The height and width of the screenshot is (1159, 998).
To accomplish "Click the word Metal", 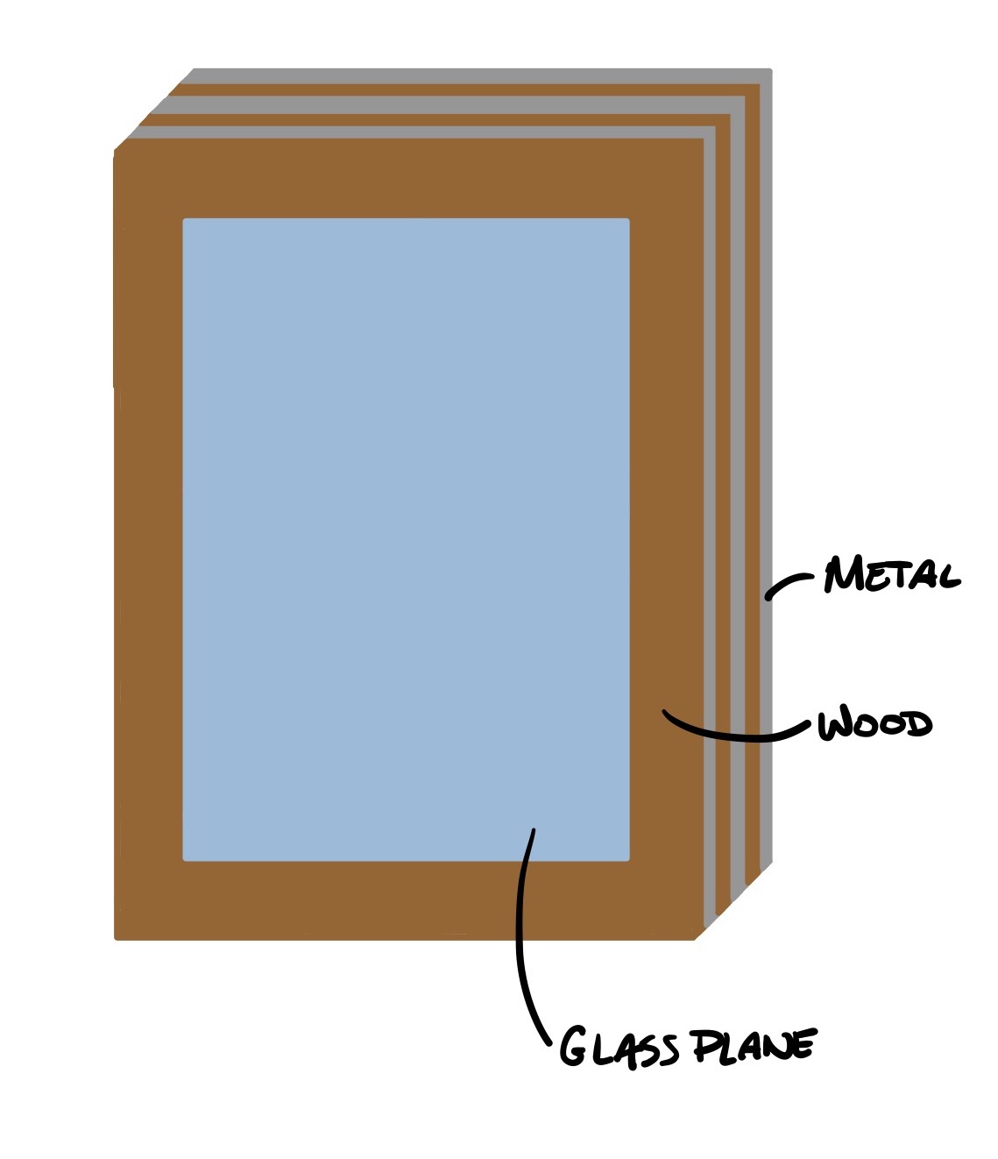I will coord(891,576).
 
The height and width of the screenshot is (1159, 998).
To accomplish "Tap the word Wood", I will coord(874,725).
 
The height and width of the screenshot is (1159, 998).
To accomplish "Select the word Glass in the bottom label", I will coord(619,1048).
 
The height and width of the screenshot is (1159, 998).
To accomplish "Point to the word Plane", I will coord(754,1046).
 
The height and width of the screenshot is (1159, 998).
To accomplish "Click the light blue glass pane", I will coord(406,539).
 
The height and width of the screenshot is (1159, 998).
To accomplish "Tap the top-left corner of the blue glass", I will coord(184,220).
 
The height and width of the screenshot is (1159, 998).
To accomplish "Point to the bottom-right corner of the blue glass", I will coord(627,859).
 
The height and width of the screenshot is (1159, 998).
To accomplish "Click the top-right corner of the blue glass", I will coord(627,220).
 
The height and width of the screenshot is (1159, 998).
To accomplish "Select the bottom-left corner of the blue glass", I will coord(184,859).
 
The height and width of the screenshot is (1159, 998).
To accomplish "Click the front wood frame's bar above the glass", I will coord(406,180).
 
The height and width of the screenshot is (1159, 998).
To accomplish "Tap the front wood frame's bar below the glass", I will coord(406,900).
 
